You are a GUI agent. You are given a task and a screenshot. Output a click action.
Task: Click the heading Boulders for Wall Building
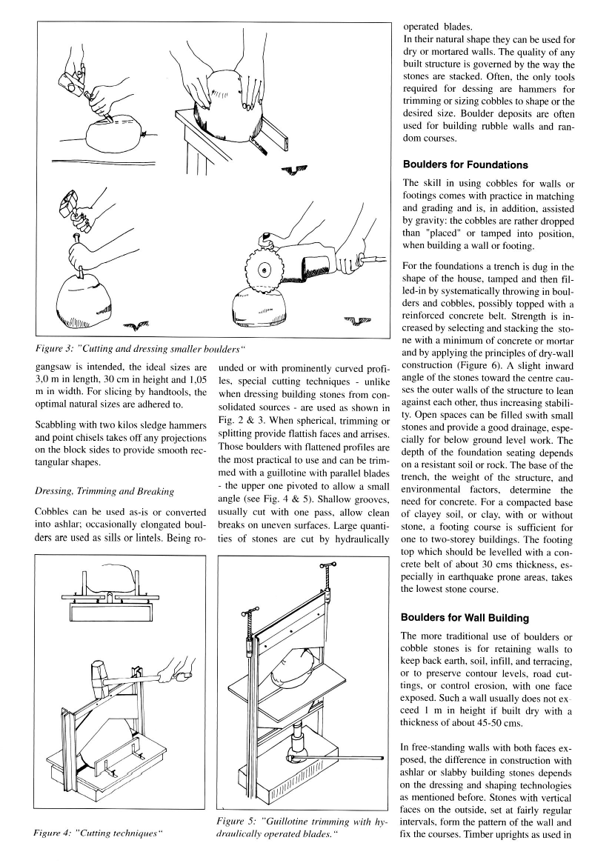tap(465, 617)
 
